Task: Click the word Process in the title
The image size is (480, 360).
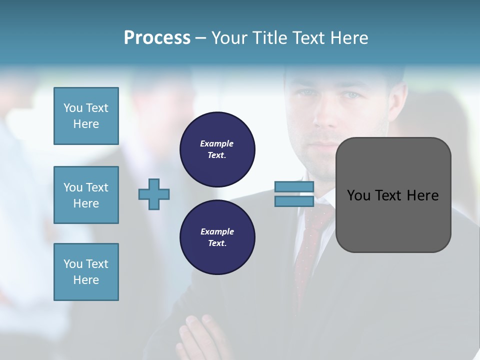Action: pyautogui.click(x=157, y=38)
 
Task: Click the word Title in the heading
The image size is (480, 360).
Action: pyautogui.click(x=270, y=38)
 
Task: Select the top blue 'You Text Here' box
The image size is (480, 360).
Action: pyautogui.click(x=86, y=116)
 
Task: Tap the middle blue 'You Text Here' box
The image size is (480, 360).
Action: pyautogui.click(x=86, y=195)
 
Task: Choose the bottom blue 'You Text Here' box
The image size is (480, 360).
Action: pyautogui.click(x=86, y=272)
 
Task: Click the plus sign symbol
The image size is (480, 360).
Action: pyautogui.click(x=154, y=194)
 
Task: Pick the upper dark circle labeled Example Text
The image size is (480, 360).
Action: pyautogui.click(x=217, y=149)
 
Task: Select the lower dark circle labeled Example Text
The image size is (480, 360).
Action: pyautogui.click(x=217, y=237)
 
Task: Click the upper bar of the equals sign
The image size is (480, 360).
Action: pyautogui.click(x=294, y=187)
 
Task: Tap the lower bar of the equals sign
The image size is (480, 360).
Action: pyautogui.click(x=294, y=201)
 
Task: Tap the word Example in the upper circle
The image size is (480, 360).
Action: pyautogui.click(x=216, y=143)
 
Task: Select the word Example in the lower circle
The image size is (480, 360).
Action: pyautogui.click(x=217, y=231)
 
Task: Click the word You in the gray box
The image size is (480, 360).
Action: pyautogui.click(x=359, y=195)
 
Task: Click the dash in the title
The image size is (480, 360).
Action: pyautogui.click(x=200, y=38)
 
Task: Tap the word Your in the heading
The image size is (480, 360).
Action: pyautogui.click(x=230, y=38)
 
